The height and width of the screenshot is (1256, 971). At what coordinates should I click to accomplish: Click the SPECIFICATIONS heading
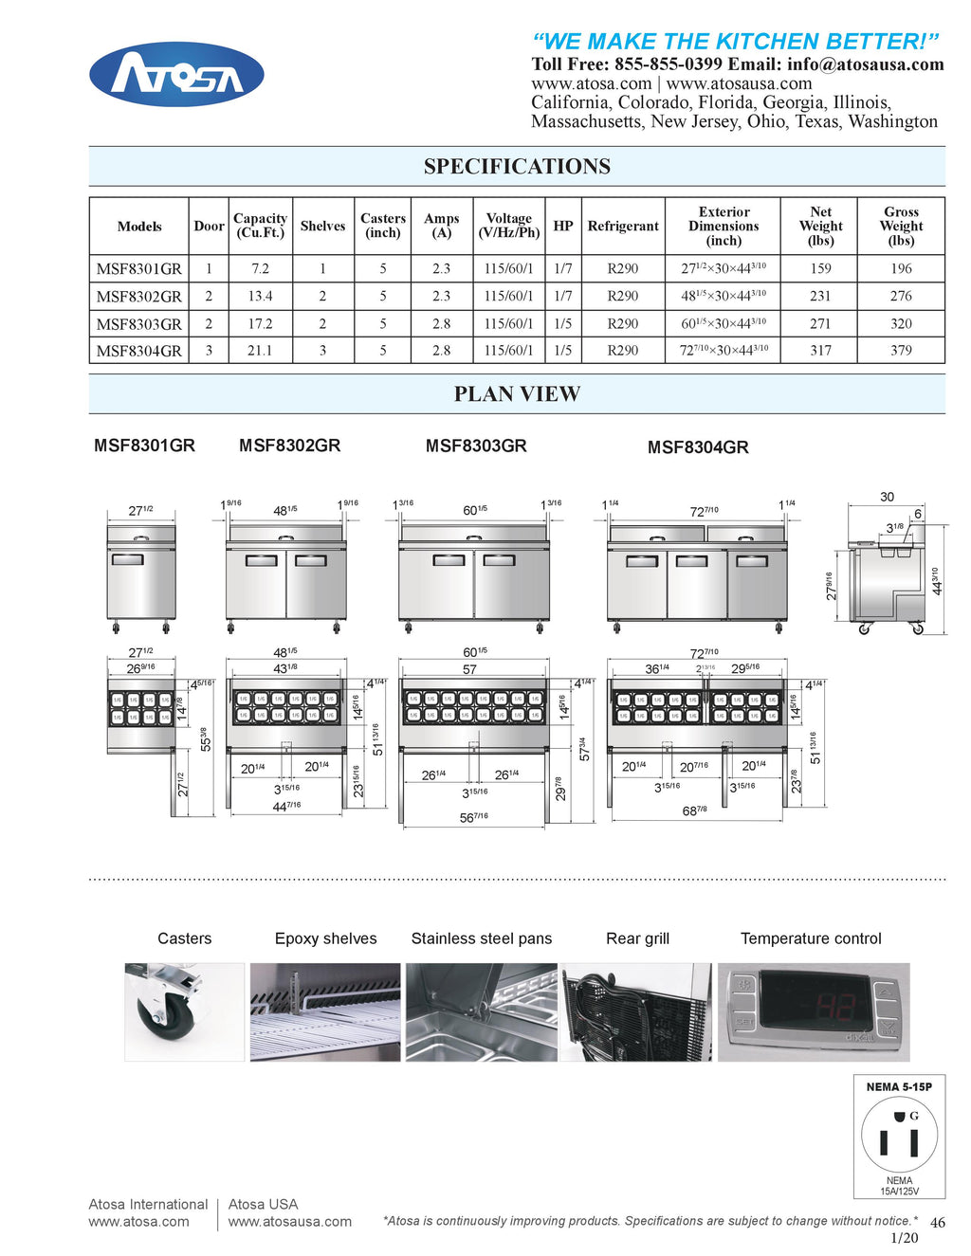(517, 167)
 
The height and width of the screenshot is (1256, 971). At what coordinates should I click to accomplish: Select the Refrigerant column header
(622, 227)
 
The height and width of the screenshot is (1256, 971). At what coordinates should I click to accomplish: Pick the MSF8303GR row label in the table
(138, 323)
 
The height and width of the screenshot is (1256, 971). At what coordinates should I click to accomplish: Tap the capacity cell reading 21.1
(260, 351)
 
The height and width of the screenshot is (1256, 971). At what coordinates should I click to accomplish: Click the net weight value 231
(820, 296)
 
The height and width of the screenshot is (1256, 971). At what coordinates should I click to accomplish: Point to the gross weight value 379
(901, 351)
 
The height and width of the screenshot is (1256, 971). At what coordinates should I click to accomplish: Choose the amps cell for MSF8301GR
(441, 268)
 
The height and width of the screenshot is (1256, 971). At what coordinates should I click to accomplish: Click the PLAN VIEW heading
(517, 394)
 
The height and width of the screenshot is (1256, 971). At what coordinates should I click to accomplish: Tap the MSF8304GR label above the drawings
(698, 447)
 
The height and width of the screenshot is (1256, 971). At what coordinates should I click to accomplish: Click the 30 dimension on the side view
(887, 497)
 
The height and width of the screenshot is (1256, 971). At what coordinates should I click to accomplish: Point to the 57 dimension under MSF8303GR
(469, 669)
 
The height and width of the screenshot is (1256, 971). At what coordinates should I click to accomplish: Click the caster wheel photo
(184, 1011)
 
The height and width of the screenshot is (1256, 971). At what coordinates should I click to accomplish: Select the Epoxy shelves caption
(325, 938)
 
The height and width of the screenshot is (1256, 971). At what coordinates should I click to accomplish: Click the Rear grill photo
(636, 1011)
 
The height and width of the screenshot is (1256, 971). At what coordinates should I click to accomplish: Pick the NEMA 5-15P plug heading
(899, 1087)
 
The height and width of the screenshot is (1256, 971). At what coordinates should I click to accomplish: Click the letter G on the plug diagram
(914, 1116)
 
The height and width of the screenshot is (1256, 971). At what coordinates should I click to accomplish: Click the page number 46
(937, 1223)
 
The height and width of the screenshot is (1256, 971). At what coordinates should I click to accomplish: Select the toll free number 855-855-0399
(669, 64)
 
